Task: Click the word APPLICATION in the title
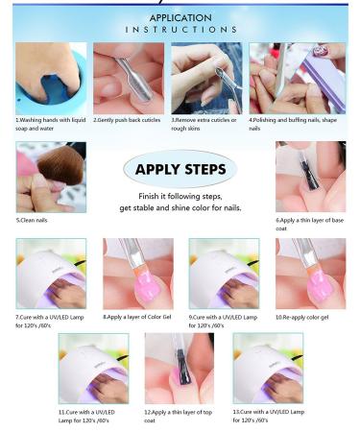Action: click(x=180, y=16)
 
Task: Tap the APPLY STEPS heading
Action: click(x=180, y=170)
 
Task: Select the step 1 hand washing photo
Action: click(x=50, y=78)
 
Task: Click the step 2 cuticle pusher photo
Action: click(x=129, y=78)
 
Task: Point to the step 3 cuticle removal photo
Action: click(x=206, y=78)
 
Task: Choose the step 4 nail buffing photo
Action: click(x=284, y=78)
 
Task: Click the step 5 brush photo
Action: click(x=50, y=177)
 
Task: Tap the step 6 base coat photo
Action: click(x=310, y=177)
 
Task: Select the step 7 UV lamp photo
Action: click(x=50, y=273)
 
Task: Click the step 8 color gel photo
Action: click(x=137, y=273)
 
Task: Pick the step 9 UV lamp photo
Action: click(x=224, y=273)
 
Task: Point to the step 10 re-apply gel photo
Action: click(x=310, y=273)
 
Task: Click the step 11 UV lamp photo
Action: click(x=93, y=368)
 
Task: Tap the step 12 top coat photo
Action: click(x=180, y=368)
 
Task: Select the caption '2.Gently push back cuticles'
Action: click(x=130, y=121)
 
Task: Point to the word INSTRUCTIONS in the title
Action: click(x=180, y=30)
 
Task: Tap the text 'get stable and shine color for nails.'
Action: click(x=180, y=207)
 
